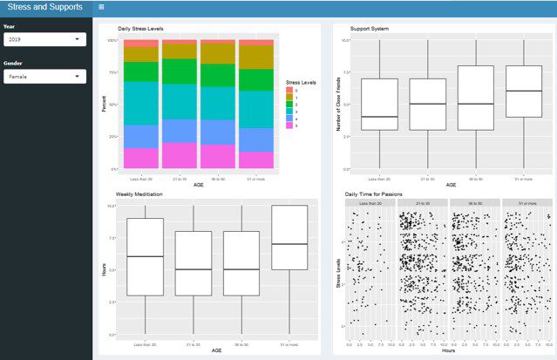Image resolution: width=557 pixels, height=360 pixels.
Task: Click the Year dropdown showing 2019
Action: pos(44,39)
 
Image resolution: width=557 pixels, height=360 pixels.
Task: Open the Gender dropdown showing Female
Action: pos(44,77)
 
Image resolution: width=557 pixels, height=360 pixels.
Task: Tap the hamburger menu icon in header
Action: pos(102,7)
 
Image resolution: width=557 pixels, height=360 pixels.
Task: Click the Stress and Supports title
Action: pos(44,7)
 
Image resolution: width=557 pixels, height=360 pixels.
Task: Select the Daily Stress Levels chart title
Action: pos(140,29)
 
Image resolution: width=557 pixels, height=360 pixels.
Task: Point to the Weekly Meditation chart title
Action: pos(145,194)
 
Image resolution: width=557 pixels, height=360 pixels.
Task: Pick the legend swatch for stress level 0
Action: pos(289,89)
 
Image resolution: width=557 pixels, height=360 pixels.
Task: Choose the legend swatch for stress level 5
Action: pos(289,126)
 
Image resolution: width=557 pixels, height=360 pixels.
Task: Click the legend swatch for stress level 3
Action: pos(289,111)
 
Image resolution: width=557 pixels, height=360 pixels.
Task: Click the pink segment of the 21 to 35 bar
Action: pos(179,155)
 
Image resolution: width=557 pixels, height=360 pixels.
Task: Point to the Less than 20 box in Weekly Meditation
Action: pos(145,257)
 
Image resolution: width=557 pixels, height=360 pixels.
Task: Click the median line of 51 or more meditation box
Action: pos(289,244)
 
